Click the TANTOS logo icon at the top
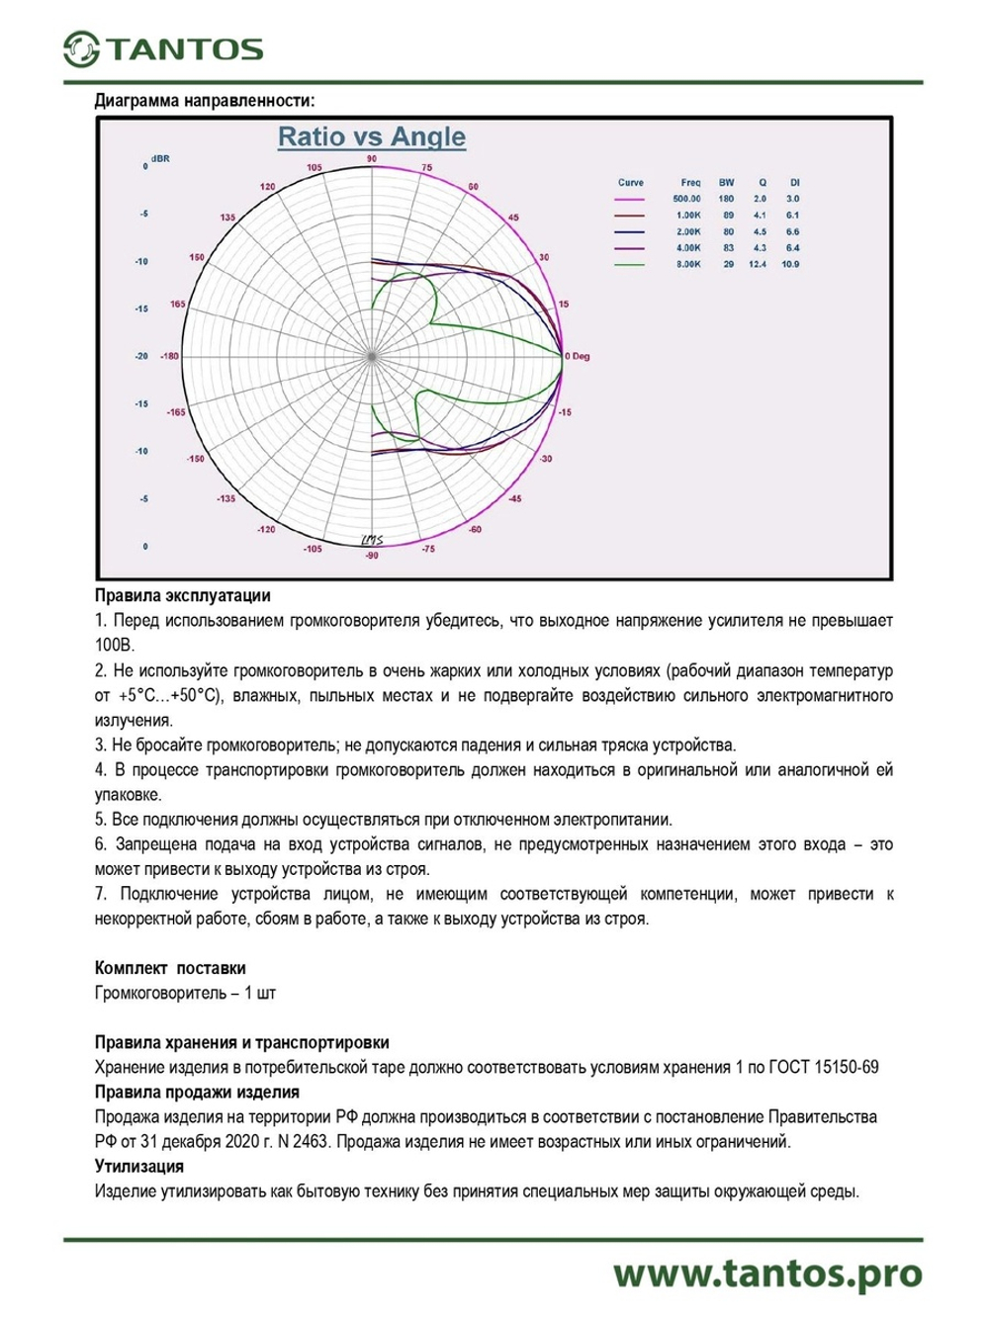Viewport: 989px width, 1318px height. coord(81,49)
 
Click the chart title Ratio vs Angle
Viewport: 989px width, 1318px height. coord(371,136)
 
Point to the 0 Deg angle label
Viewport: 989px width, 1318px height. coord(578,356)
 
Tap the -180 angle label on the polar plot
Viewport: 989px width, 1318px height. coord(169,356)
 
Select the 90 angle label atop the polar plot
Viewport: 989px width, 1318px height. coord(372,159)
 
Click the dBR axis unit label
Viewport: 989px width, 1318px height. coord(160,159)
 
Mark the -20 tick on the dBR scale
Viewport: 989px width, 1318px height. coord(141,356)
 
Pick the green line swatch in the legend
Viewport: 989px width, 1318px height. coord(629,265)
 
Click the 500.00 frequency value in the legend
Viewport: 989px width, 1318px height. coord(686,199)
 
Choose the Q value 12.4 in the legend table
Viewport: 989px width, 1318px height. coord(758,265)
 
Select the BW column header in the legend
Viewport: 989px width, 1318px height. coord(727,183)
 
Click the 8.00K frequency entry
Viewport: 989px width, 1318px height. coord(688,265)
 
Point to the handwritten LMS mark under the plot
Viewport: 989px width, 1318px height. coord(372,540)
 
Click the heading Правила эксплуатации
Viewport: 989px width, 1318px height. coord(182,596)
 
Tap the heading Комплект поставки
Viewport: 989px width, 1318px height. coord(170,968)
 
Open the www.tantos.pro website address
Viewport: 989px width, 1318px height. coord(767,1274)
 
